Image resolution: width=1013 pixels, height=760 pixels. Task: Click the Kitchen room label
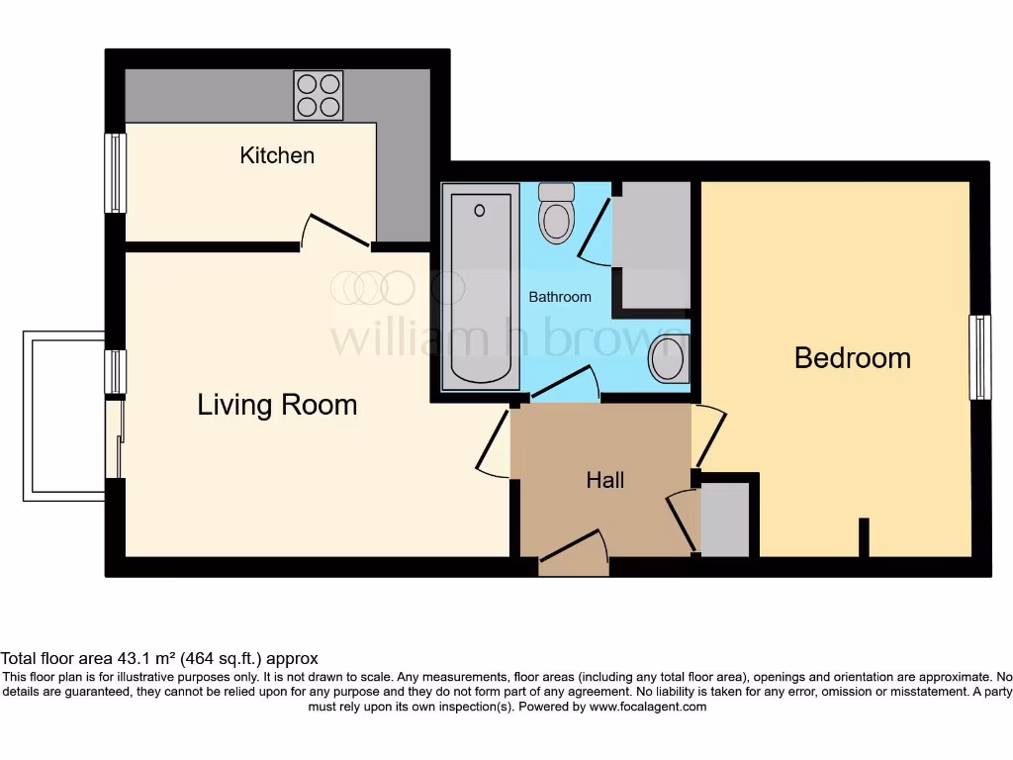[277, 155]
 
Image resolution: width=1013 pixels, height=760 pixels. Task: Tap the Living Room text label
[277, 405]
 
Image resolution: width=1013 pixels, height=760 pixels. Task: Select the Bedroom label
[852, 357]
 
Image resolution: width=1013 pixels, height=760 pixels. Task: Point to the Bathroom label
[560, 297]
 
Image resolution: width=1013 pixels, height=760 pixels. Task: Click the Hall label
[604, 480]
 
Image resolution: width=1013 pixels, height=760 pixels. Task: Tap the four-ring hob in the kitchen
[319, 95]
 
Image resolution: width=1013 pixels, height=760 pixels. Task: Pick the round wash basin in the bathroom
[670, 357]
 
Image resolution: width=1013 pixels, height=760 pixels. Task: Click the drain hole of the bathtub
[480, 211]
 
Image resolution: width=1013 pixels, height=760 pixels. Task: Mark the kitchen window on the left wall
[116, 173]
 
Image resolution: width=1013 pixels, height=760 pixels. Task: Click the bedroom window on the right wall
[979, 357]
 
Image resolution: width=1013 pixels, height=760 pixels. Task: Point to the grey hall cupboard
[725, 520]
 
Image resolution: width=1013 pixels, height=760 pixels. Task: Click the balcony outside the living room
[64, 416]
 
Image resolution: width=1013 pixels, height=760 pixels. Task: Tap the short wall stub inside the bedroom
[864, 537]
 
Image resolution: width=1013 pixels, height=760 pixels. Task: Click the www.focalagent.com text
[647, 707]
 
